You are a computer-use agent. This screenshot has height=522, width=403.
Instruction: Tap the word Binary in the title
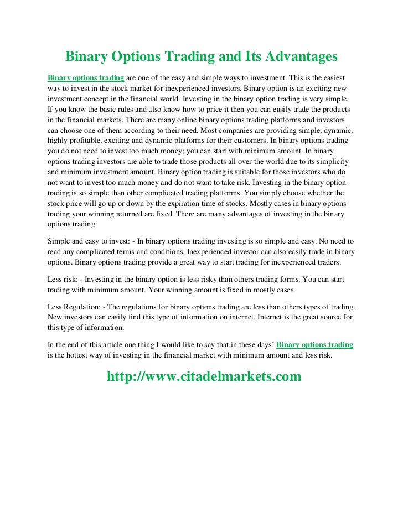pos(87,57)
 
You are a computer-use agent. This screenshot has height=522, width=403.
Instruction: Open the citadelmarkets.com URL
pos(204,377)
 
